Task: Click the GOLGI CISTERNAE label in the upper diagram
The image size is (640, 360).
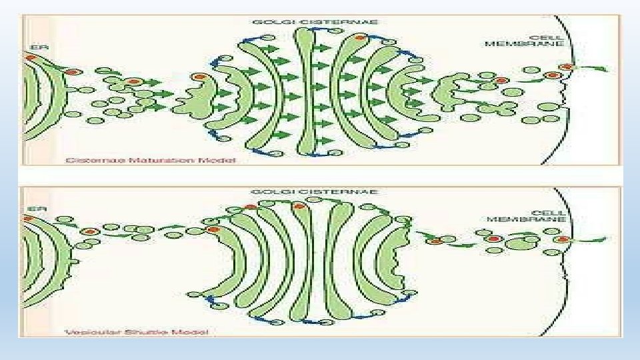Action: (315, 21)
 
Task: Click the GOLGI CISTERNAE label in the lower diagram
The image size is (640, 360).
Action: (315, 191)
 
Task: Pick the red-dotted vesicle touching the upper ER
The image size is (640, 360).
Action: (29, 59)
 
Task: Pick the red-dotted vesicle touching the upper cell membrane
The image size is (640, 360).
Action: (567, 67)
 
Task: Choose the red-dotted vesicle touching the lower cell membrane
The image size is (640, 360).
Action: (563, 239)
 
